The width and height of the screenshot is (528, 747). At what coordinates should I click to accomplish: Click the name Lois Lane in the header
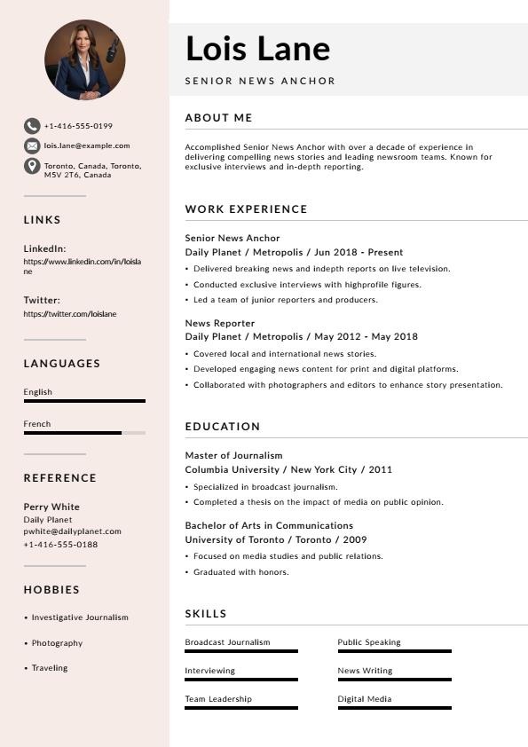[x=257, y=49]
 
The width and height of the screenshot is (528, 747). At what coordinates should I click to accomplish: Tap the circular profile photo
[x=84, y=60]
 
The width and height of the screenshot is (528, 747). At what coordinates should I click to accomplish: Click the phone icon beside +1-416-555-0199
[x=32, y=126]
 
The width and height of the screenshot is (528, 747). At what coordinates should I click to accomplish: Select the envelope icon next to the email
[x=32, y=145]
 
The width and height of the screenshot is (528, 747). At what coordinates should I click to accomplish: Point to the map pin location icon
[x=32, y=167]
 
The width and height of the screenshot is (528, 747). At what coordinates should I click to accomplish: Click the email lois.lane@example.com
[x=87, y=145]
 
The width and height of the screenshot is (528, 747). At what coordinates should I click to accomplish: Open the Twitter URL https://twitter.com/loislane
[x=70, y=314]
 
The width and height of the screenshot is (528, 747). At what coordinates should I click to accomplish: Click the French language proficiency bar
[x=84, y=433]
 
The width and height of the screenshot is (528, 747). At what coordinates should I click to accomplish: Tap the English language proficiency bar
[x=84, y=401]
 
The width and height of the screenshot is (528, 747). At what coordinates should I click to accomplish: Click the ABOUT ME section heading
[x=219, y=118]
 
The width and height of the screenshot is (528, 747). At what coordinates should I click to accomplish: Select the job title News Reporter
[x=220, y=323]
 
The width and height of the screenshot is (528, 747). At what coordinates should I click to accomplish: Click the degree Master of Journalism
[x=233, y=455]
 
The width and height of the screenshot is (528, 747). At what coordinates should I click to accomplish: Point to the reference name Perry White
[x=51, y=507]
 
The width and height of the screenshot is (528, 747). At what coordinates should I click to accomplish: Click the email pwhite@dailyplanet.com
[x=72, y=531]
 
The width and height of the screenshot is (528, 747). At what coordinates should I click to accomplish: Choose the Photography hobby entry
[x=57, y=643]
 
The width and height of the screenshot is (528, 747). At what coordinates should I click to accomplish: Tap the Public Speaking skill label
[x=369, y=642]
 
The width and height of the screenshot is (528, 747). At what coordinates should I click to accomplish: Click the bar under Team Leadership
[x=241, y=708]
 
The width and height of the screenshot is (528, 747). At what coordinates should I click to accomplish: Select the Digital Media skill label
[x=365, y=699]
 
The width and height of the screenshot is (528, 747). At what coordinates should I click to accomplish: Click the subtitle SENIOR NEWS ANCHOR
[x=260, y=81]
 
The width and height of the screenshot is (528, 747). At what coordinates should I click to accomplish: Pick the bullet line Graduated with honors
[x=240, y=572]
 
